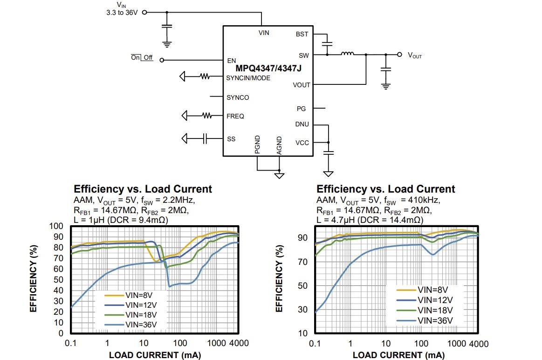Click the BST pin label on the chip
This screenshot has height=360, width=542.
302,35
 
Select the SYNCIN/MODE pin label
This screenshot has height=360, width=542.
248,78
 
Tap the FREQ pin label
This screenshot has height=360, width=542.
235,116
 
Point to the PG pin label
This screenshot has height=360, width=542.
301,109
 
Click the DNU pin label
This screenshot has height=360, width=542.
302,125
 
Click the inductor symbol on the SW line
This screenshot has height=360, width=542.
347,54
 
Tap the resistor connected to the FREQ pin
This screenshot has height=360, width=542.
205,116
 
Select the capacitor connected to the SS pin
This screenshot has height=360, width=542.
205,138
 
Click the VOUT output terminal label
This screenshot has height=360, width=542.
415,55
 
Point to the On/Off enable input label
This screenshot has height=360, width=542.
142,57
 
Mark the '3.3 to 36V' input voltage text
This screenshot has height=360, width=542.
122,13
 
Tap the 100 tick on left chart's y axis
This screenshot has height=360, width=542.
56,226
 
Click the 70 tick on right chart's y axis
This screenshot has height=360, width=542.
303,262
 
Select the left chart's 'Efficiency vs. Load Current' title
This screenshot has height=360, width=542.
143,189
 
